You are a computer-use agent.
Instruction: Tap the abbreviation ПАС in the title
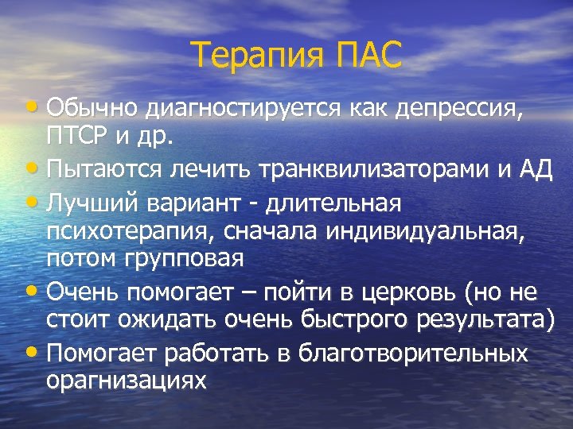368,56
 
